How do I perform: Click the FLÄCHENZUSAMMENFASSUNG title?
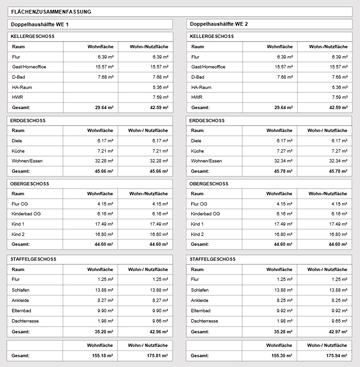pos(51,12)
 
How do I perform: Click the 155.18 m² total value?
pos(102,356)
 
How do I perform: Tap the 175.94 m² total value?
pos(337,356)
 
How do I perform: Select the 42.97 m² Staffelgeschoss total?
pos(338,331)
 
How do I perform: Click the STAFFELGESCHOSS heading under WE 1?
pos(33,259)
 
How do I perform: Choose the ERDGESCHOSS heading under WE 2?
pos(207,121)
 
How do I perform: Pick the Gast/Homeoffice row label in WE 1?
pos(29,67)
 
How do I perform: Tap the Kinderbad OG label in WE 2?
pos(205,214)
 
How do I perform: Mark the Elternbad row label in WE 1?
pos(21,311)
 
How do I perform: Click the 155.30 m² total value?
pos(282,356)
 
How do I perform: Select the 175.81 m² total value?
pos(157,356)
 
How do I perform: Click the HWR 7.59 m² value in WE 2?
pos(339,97)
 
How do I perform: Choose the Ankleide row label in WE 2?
pos(200,301)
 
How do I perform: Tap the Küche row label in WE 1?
pos(18,151)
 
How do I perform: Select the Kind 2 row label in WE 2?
pos(197,234)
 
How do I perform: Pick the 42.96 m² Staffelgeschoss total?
pos(158,331)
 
